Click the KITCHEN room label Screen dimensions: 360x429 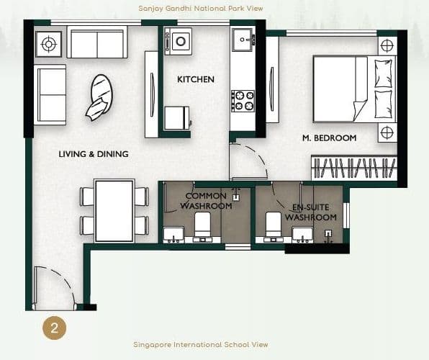(196, 79)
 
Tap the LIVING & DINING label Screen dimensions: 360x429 (94, 154)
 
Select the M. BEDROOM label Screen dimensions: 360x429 (328, 138)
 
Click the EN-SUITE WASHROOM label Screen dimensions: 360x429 (310, 212)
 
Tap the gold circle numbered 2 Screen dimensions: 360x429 (54, 328)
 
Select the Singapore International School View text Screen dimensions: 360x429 (201, 345)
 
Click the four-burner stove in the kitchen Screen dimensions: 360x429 (243, 101)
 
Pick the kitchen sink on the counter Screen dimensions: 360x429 (243, 38)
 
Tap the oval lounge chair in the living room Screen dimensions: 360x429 (100, 97)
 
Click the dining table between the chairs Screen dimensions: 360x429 (114, 210)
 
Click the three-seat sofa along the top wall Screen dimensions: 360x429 (98, 43)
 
